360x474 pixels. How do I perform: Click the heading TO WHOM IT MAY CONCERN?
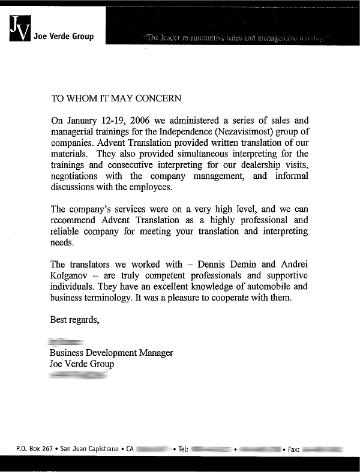point(116,98)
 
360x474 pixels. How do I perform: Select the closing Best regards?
point(74,320)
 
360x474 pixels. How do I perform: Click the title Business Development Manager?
point(111,353)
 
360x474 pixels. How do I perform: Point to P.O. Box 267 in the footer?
point(35,449)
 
